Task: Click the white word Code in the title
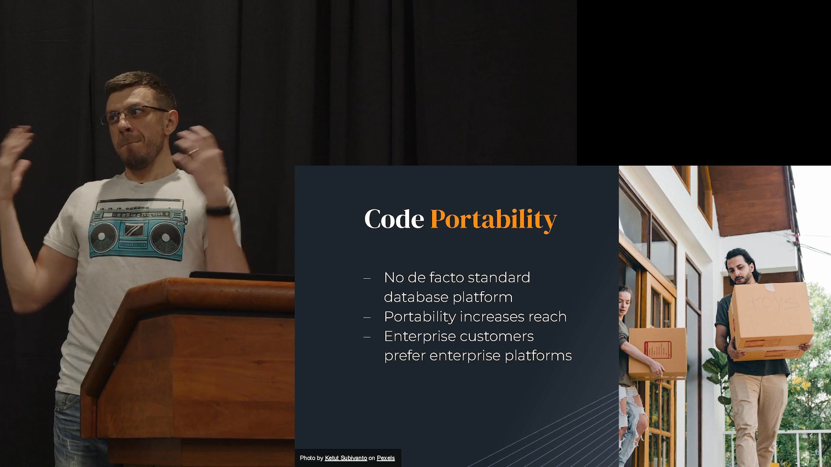click(394, 219)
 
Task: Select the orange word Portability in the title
click(493, 220)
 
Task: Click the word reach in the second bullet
click(548, 317)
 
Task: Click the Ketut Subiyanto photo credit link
click(346, 458)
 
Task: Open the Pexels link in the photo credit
click(386, 458)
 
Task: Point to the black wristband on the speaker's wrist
click(218, 211)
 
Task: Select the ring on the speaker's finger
click(193, 151)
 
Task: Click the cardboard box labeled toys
click(771, 321)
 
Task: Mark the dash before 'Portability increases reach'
click(367, 317)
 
